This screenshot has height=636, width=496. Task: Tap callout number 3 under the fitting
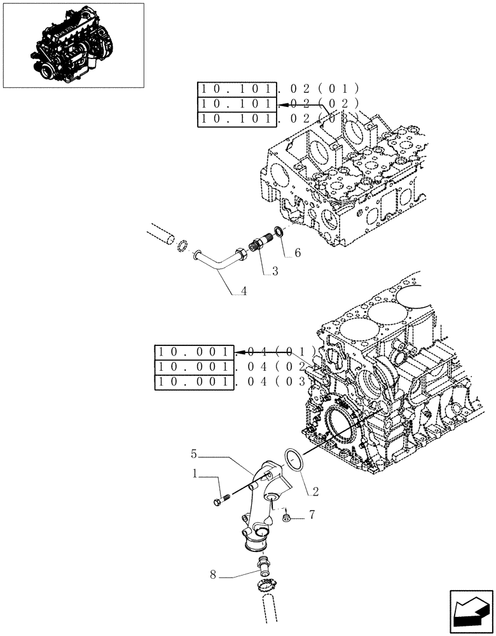(x=275, y=272)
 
